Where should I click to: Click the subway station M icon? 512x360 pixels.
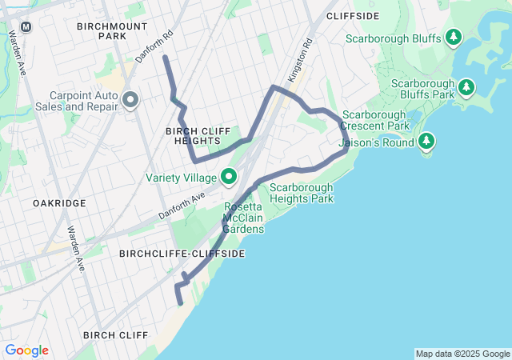(26, 26)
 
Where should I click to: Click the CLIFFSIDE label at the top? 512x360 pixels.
(353, 16)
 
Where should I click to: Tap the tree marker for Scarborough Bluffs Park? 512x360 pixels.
(468, 85)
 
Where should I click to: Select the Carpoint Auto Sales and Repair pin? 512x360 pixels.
(130, 100)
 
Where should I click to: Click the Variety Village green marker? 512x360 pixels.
(229, 176)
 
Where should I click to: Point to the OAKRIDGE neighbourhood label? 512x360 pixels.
(59, 203)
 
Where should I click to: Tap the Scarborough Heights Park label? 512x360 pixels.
(302, 193)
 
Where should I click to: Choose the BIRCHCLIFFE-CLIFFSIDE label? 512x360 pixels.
(182, 253)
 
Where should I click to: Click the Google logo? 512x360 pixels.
(26, 350)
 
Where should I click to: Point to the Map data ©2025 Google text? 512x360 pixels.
(462, 354)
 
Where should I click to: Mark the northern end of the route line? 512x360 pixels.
(165, 58)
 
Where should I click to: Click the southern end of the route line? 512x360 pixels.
(181, 303)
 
